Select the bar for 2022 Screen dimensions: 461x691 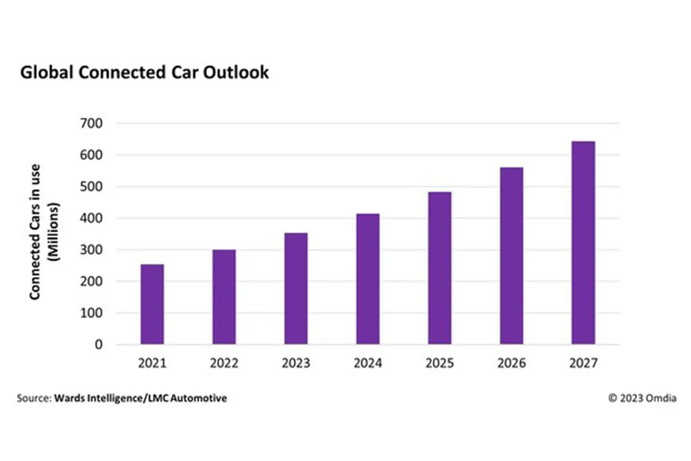(x=224, y=297)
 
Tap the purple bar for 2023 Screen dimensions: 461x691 (x=296, y=289)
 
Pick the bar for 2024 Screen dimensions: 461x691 (x=368, y=279)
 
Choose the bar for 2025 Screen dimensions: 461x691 (x=440, y=268)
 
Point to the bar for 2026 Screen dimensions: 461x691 (x=511, y=256)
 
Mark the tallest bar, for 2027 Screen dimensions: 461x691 (x=583, y=243)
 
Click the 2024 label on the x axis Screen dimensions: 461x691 (x=368, y=364)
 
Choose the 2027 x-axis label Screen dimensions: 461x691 (x=583, y=364)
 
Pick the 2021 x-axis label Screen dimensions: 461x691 (x=152, y=364)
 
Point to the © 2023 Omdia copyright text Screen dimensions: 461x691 (x=643, y=398)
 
